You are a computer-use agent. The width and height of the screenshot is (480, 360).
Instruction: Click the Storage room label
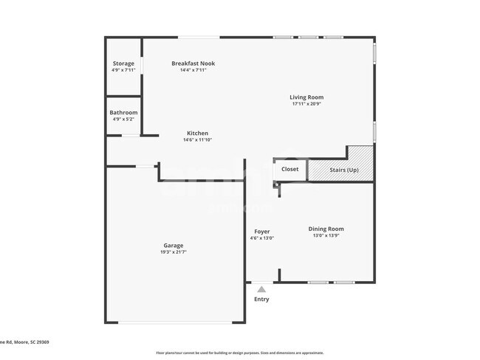click(123, 63)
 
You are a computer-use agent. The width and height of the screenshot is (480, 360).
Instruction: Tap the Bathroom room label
click(123, 112)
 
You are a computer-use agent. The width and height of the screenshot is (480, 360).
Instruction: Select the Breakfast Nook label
click(193, 63)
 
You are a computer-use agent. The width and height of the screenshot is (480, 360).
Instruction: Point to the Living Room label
click(306, 97)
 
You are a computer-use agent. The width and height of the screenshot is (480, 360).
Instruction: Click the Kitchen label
click(197, 134)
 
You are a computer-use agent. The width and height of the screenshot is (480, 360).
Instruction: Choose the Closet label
click(289, 169)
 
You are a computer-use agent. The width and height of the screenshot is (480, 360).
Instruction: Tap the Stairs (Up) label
click(344, 170)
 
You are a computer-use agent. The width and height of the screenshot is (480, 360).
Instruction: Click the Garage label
click(174, 246)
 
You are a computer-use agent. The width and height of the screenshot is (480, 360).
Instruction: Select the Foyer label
click(262, 232)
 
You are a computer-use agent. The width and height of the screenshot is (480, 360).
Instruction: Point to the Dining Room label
click(326, 229)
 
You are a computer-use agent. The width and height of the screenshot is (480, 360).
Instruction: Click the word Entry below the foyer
click(262, 300)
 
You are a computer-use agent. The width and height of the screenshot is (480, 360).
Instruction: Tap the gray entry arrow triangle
click(261, 289)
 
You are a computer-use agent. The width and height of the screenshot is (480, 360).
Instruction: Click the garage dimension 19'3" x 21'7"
click(174, 252)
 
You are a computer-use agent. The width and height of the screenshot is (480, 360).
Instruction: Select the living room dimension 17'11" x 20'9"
click(306, 104)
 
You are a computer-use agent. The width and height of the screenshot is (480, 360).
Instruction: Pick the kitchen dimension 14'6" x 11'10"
click(197, 140)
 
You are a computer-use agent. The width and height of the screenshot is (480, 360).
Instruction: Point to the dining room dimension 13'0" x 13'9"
click(326, 235)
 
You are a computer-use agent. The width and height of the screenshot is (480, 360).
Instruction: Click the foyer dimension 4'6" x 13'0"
click(262, 238)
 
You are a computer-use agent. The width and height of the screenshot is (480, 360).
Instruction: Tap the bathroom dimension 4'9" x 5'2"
click(123, 119)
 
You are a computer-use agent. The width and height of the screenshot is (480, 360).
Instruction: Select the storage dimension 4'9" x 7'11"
click(123, 70)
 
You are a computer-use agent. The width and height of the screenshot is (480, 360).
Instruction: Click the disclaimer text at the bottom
click(239, 353)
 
